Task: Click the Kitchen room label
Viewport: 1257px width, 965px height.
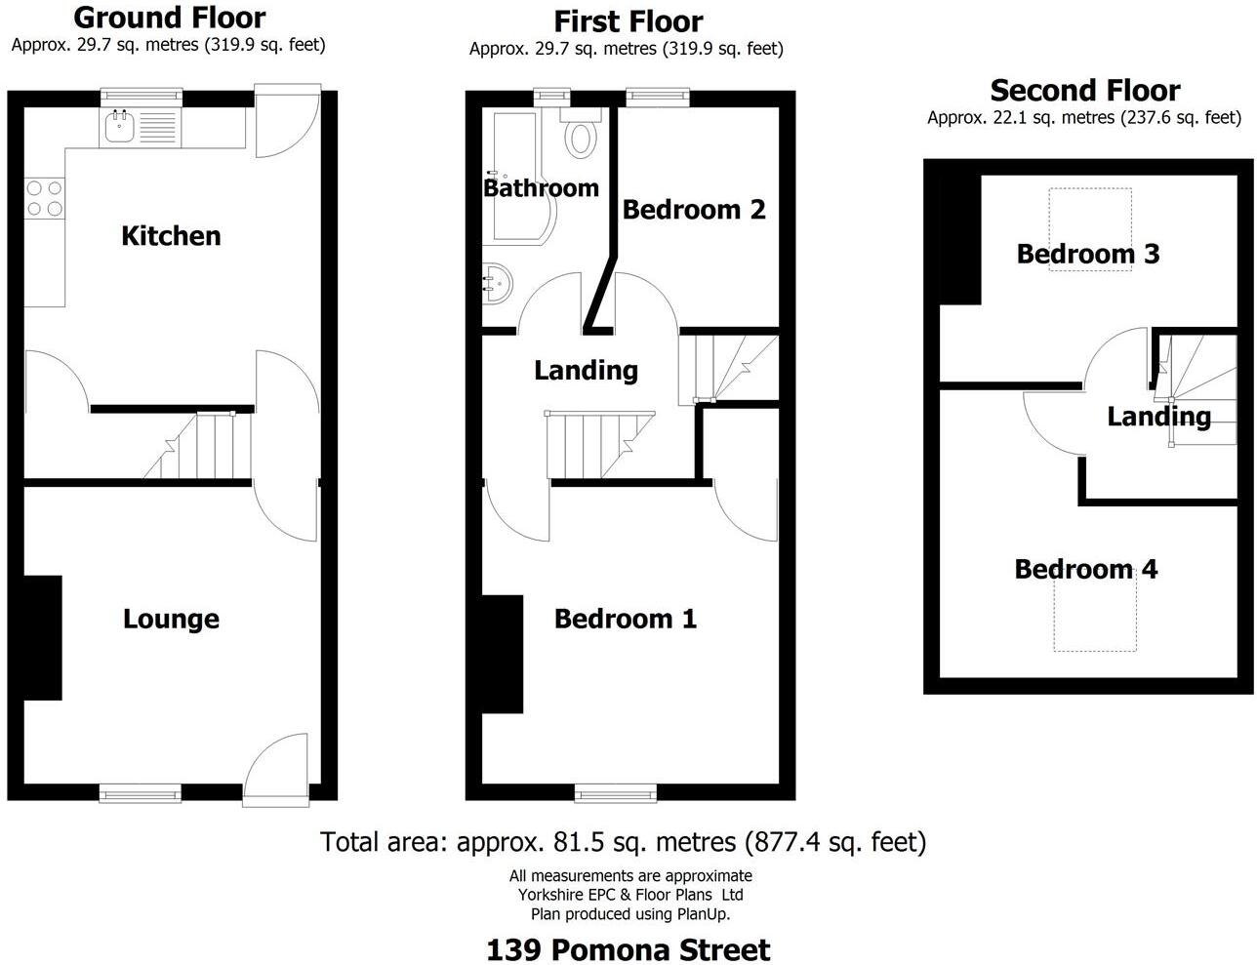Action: pos(171,236)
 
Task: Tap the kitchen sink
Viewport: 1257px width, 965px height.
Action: pos(120,127)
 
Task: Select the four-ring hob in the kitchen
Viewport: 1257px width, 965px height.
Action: pos(45,198)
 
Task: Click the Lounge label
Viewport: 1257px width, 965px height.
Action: pos(171,620)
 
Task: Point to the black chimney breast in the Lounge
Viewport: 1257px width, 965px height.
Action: pos(42,637)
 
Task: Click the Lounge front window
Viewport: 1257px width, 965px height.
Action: pos(141,792)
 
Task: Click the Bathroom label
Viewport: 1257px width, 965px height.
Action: pos(541,187)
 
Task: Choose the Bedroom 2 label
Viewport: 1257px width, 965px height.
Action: pos(694,210)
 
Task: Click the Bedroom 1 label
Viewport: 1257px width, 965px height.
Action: pos(626,619)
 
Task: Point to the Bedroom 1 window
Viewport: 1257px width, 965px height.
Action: pos(615,792)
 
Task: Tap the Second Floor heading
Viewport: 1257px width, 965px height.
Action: pos(1085,91)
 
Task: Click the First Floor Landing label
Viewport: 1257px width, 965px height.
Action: pos(586,371)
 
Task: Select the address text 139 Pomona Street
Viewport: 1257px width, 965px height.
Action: pos(628,949)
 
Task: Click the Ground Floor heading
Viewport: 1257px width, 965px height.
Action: pos(169,18)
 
